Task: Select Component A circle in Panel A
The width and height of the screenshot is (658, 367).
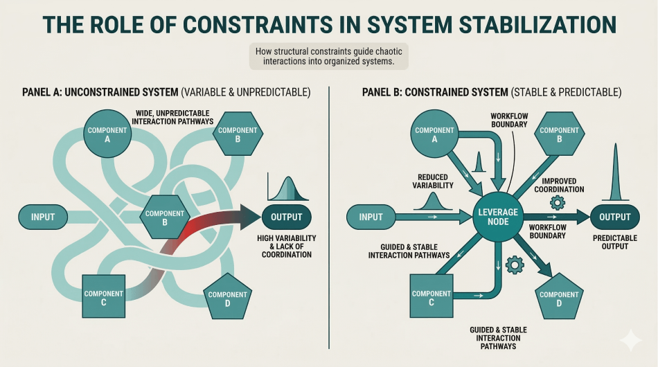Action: click(107, 134)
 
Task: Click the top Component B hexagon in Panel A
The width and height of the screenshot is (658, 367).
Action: click(238, 134)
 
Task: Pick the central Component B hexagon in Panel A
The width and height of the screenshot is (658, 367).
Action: click(165, 217)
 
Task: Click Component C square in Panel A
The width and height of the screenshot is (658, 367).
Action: click(103, 297)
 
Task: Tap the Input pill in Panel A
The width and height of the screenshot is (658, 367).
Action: click(43, 217)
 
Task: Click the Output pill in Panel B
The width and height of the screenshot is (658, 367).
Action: click(615, 217)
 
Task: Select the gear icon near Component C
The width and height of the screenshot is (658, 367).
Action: click(515, 265)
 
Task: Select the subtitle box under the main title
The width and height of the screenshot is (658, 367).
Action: click(328, 56)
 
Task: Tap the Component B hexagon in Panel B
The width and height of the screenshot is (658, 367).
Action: click(559, 134)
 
